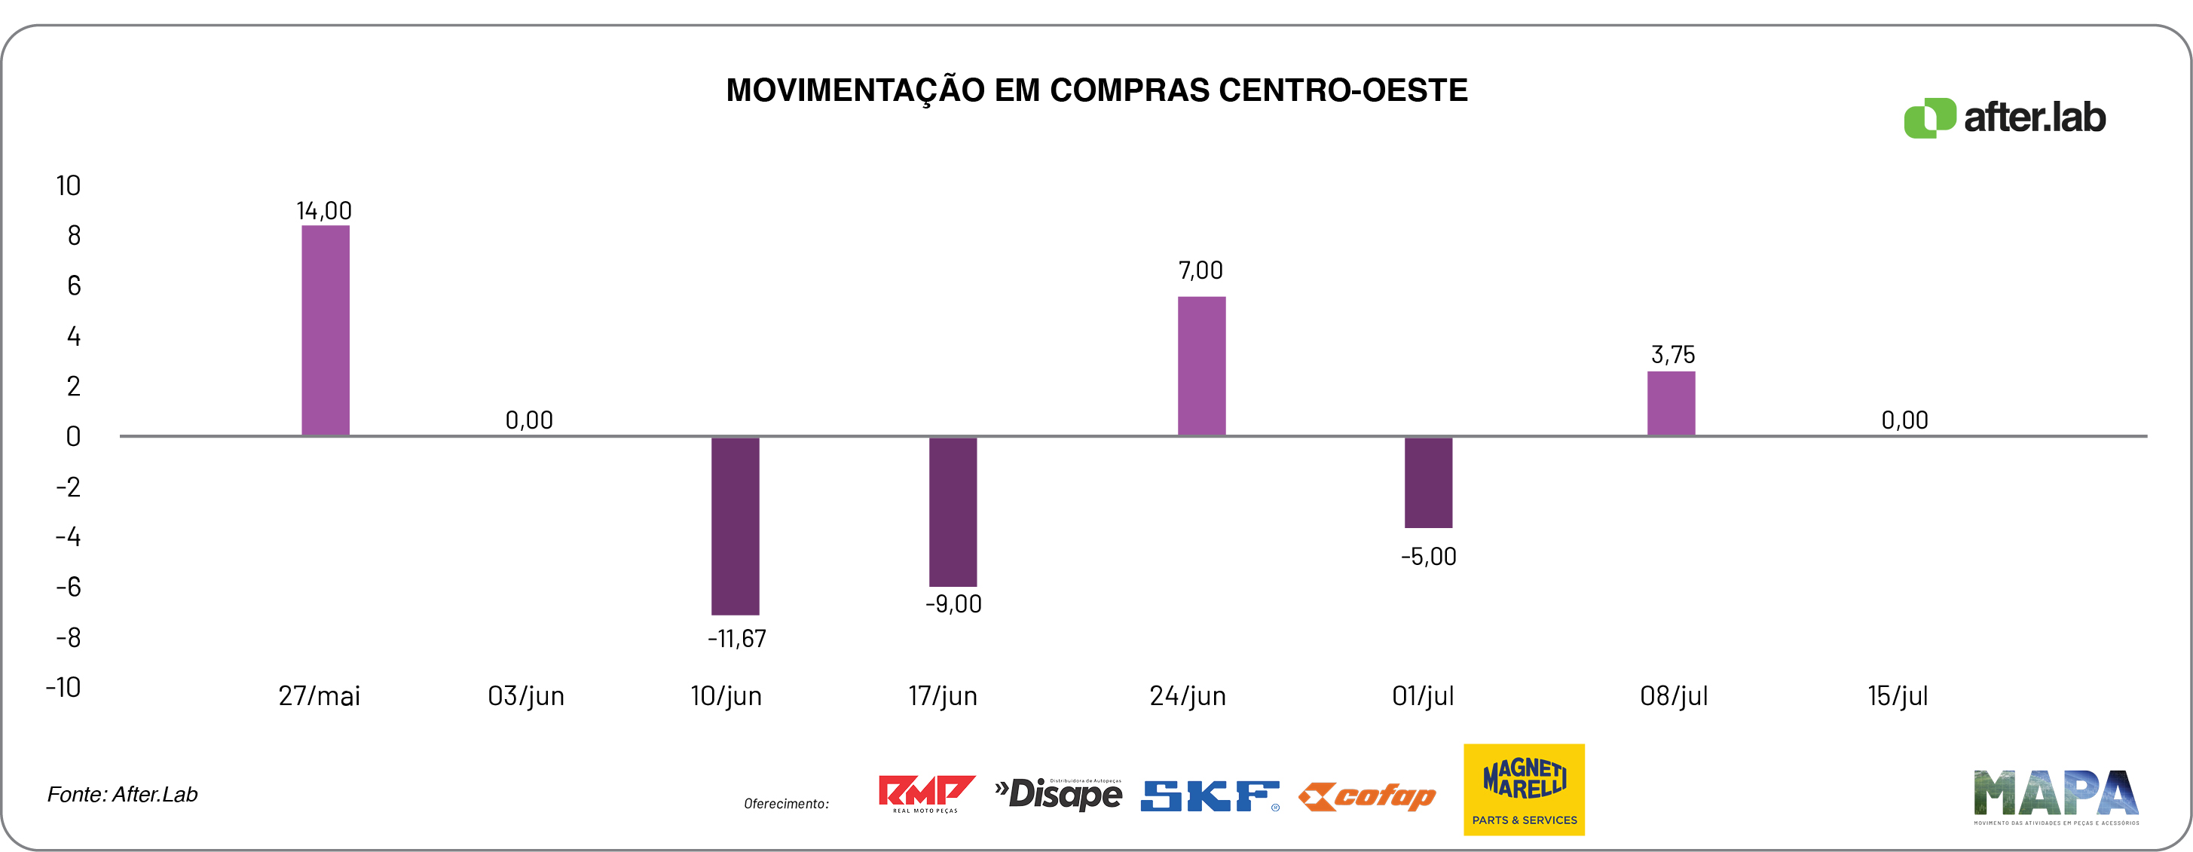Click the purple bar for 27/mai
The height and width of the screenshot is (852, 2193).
click(x=326, y=330)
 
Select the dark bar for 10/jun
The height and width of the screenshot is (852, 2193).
click(x=735, y=525)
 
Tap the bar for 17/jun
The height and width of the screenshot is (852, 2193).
click(x=953, y=511)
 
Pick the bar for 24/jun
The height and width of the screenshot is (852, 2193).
click(x=1201, y=366)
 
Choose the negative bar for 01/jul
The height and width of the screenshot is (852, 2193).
click(x=1427, y=482)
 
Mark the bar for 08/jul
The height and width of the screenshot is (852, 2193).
click(x=1670, y=404)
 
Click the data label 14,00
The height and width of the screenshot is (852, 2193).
click(x=323, y=210)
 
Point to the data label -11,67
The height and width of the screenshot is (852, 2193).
click(x=736, y=638)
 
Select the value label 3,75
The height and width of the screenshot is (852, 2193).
click(x=1673, y=354)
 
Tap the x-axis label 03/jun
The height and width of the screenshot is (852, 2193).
click(x=525, y=696)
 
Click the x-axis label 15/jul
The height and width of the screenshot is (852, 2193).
click(x=1897, y=696)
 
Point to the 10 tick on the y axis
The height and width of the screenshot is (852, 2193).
click(x=68, y=185)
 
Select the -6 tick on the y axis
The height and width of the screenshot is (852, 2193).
click(x=68, y=586)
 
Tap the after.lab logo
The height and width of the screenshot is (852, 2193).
click(x=2005, y=118)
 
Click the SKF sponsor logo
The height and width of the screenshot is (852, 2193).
click(x=1210, y=796)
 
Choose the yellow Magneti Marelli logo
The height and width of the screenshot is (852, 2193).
click(x=1524, y=789)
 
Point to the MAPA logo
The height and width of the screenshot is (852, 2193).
click(x=2056, y=796)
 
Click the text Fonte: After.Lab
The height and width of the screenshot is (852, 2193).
click(x=123, y=794)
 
